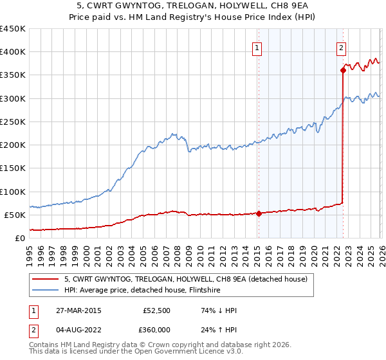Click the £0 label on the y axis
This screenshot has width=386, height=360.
click(20, 238)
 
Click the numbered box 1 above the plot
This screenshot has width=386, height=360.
click(257, 47)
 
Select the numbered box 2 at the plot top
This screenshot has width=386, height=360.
click(341, 47)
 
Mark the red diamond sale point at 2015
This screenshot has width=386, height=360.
click(259, 213)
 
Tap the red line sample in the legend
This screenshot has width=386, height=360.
click(46, 279)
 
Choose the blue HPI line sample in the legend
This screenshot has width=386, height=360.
click(46, 290)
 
